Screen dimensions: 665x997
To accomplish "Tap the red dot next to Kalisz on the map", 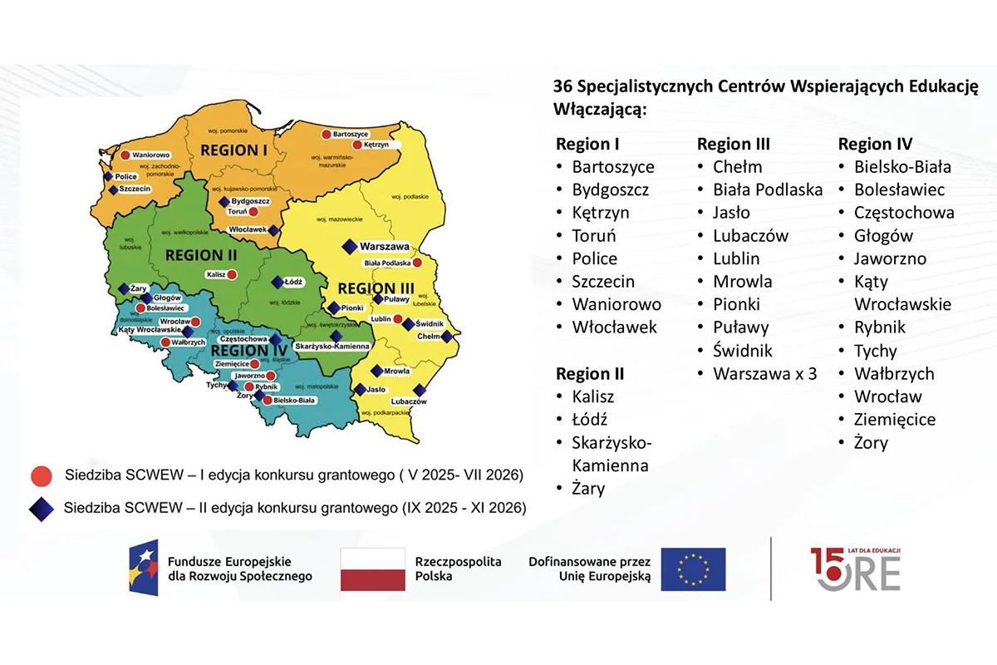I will tap(233, 274).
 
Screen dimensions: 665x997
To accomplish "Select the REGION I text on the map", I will tap(233, 150).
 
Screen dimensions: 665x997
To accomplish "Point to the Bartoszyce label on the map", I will tap(350, 134).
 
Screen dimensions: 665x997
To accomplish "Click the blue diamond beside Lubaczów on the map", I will tap(420, 390).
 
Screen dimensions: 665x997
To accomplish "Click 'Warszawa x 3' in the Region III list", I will tap(764, 373).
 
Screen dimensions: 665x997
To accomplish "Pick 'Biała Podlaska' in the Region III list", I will tap(768, 190).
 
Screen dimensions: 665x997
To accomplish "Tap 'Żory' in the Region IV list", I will tap(871, 442).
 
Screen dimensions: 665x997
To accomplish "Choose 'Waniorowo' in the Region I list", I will tap(616, 304).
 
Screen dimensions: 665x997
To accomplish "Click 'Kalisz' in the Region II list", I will tap(593, 397).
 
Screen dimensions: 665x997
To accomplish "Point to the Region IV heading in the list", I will tap(875, 144).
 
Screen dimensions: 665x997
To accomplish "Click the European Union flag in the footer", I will tap(693, 569).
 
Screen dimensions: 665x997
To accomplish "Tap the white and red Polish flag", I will tap(373, 569).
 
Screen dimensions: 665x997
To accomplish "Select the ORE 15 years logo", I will tap(856, 569).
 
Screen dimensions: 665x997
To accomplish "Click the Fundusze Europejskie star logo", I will tap(143, 568).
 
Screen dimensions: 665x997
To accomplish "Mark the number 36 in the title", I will tap(562, 86).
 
